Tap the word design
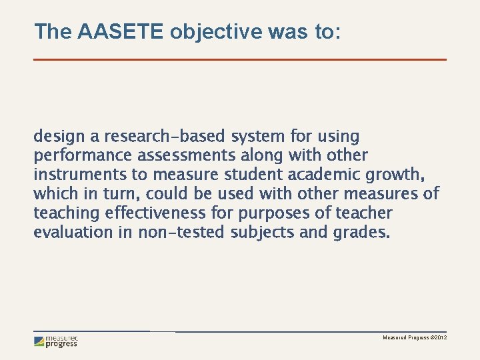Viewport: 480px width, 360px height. [58, 137]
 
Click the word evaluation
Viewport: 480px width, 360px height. [74, 233]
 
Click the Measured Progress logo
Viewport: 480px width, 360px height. [56, 341]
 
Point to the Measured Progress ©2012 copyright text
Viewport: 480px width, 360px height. [414, 339]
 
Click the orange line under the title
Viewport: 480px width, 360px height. [240, 60]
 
